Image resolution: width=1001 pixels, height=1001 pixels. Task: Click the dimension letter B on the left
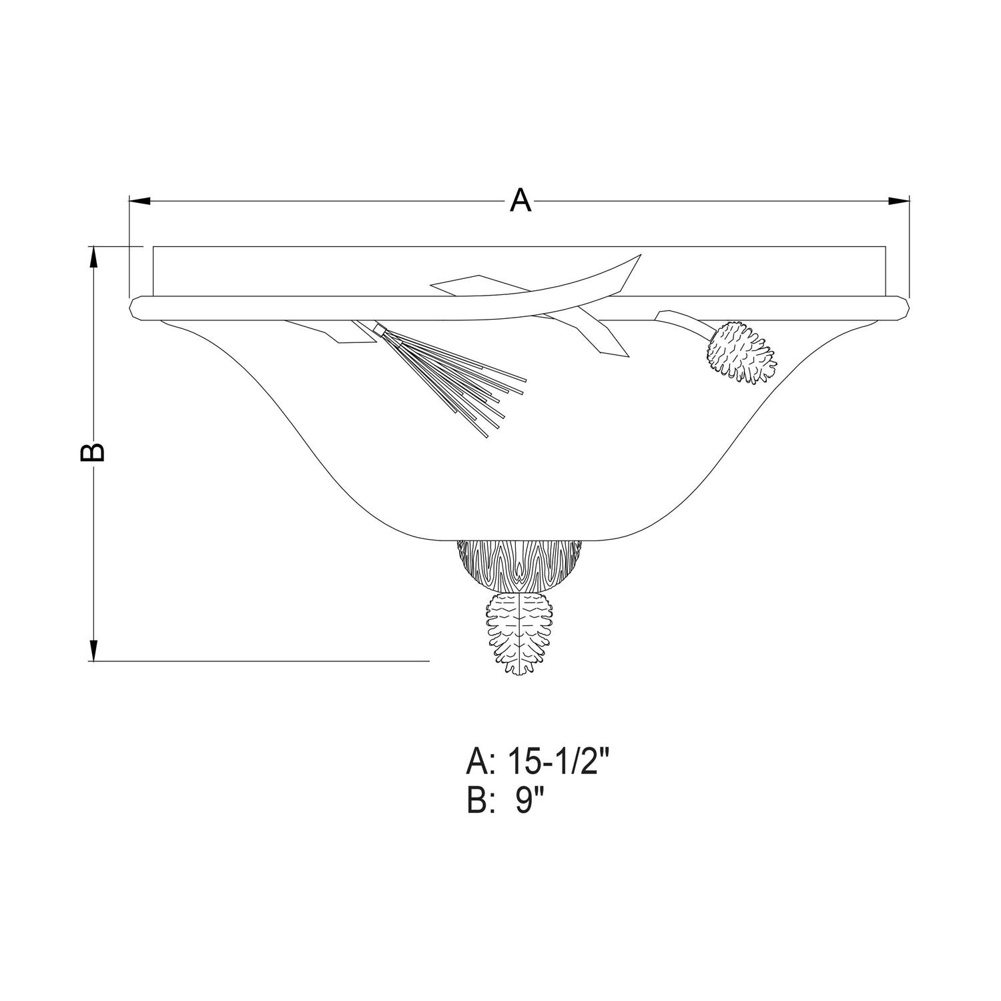[x=92, y=451]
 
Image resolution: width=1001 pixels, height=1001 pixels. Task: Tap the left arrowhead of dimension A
[x=139, y=200]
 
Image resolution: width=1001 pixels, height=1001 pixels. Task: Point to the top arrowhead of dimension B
[x=94, y=256]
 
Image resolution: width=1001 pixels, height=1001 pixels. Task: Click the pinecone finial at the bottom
[x=521, y=634]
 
